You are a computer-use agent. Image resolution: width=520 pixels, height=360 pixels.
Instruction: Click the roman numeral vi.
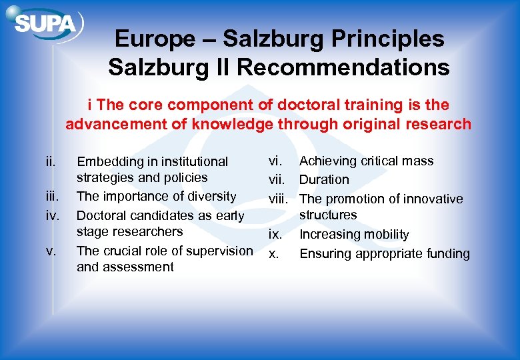(x=275, y=161)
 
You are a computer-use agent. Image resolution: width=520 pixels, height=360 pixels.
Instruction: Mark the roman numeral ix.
(x=275, y=234)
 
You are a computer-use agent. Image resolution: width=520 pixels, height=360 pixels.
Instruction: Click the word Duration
(x=323, y=179)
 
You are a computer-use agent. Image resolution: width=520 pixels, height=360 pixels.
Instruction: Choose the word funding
(x=446, y=253)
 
